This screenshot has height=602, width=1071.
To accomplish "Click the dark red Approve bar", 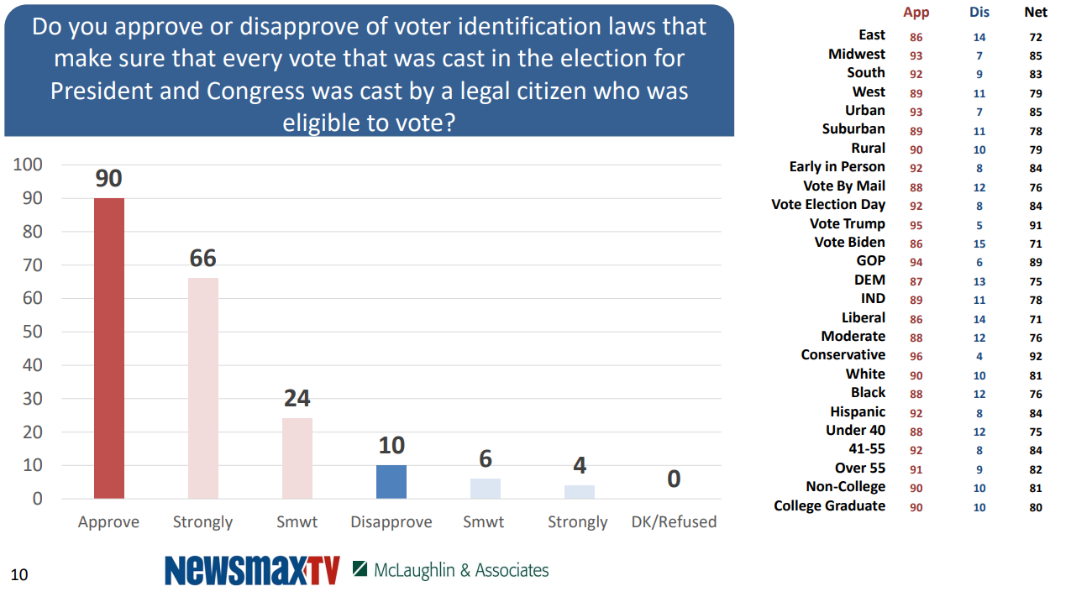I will pos(109,348).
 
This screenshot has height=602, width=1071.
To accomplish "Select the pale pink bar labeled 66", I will pos(202,388).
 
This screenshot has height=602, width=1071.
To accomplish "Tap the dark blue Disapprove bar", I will pos(391,482).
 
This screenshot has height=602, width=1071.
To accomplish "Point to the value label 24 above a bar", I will pos(297,398).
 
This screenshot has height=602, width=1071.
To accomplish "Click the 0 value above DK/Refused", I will pos(674,479).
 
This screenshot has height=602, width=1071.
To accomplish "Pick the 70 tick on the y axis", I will pos(31,265).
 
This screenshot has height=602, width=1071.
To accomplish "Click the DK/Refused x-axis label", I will pos(674,522).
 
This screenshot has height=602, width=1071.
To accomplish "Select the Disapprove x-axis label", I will pos(391,522).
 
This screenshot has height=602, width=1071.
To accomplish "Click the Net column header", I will pos(1036,13).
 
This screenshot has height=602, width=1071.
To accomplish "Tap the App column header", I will pos(916,13).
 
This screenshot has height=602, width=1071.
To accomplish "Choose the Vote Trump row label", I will pos(847,224).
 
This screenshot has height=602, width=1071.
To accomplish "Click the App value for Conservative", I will pos(916,356).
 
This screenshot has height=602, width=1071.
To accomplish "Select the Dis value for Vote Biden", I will pos(979,243).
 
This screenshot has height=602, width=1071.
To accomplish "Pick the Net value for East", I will pos(1036,37).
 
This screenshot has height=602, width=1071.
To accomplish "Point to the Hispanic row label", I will pos(858,412).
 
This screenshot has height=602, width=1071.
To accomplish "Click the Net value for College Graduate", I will pos(1036,507).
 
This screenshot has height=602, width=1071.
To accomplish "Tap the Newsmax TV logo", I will pos(252,570).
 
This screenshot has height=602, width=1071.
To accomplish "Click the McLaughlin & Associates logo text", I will pos(461,570).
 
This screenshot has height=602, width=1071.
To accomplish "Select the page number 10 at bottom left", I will pos(18,575).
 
